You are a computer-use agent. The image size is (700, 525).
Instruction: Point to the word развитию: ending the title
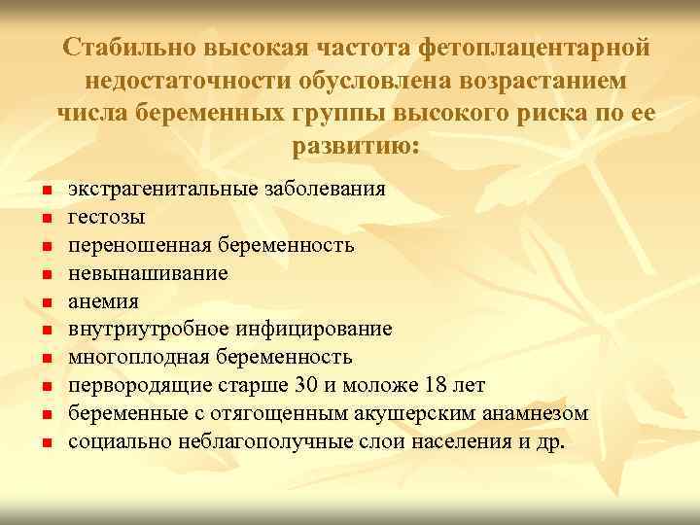(355, 147)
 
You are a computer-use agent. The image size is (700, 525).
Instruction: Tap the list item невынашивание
(148, 273)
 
